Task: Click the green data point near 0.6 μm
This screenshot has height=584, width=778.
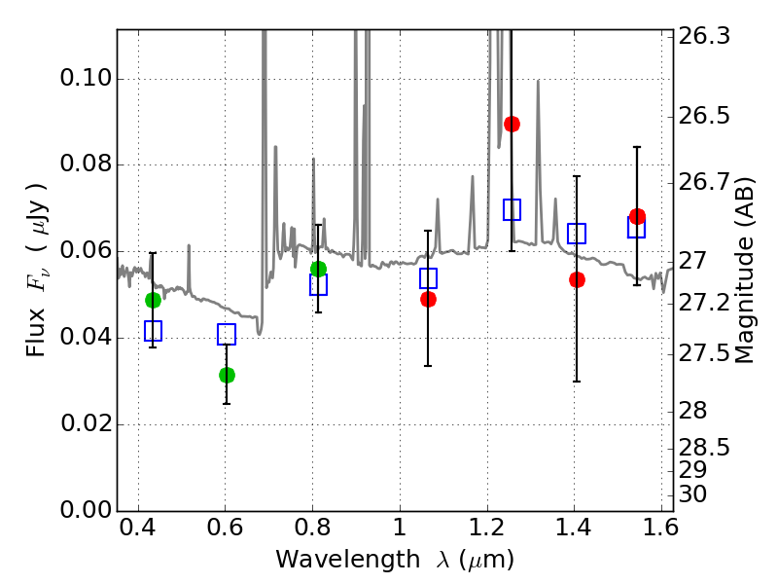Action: coord(227,375)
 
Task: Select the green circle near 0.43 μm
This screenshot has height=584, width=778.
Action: coord(153,300)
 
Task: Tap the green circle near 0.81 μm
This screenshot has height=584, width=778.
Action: coord(318,269)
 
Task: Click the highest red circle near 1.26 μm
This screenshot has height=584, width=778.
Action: coord(512,124)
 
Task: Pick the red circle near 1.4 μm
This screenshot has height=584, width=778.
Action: coord(577,279)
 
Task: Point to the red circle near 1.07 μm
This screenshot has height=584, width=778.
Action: coord(428,299)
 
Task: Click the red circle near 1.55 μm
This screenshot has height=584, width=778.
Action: coord(637,216)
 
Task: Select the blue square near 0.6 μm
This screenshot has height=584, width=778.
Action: coord(227,334)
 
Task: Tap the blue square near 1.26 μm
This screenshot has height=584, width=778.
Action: coord(512,209)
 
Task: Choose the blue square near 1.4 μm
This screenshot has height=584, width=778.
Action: coord(577,234)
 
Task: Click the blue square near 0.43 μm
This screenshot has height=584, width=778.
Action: coord(153,331)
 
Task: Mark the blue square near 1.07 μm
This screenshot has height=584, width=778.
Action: coord(428,278)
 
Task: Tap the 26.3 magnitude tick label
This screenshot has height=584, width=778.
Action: coord(705,37)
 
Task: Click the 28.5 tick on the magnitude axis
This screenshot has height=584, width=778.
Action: coord(705,448)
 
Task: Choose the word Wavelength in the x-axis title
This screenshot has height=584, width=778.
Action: coord(333,560)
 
